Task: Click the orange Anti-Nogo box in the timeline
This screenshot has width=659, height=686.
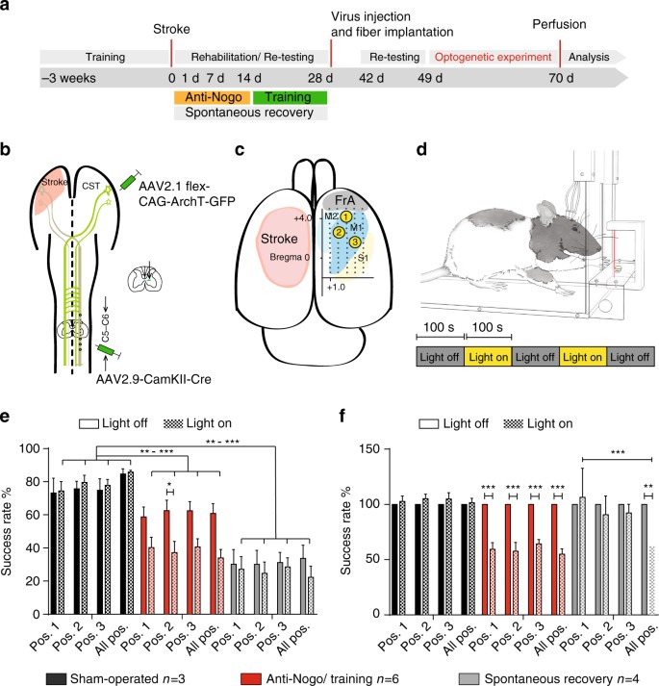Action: [x=212, y=97]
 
